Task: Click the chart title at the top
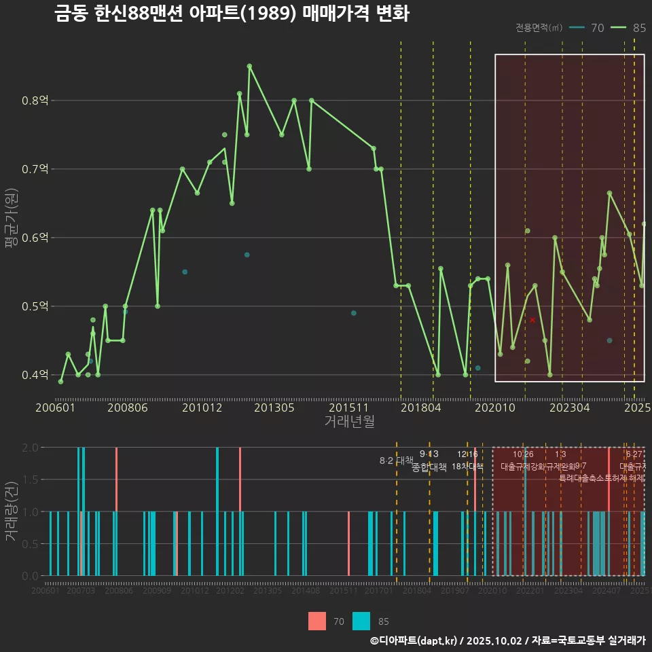[x=232, y=14]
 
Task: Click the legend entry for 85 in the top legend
[x=638, y=28]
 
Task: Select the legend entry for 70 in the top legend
[x=597, y=28]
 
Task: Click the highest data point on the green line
[x=249, y=66]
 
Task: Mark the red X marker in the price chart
[x=532, y=320]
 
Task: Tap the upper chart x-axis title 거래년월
[x=349, y=422]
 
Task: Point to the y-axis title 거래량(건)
[x=10, y=511]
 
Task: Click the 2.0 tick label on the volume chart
[x=30, y=448]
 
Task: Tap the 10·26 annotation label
[x=523, y=454]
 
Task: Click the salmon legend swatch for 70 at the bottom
[x=317, y=621]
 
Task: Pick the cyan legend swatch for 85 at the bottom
[x=361, y=621]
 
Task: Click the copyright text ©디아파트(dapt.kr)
[x=413, y=640]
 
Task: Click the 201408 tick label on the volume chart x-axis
[x=306, y=591]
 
